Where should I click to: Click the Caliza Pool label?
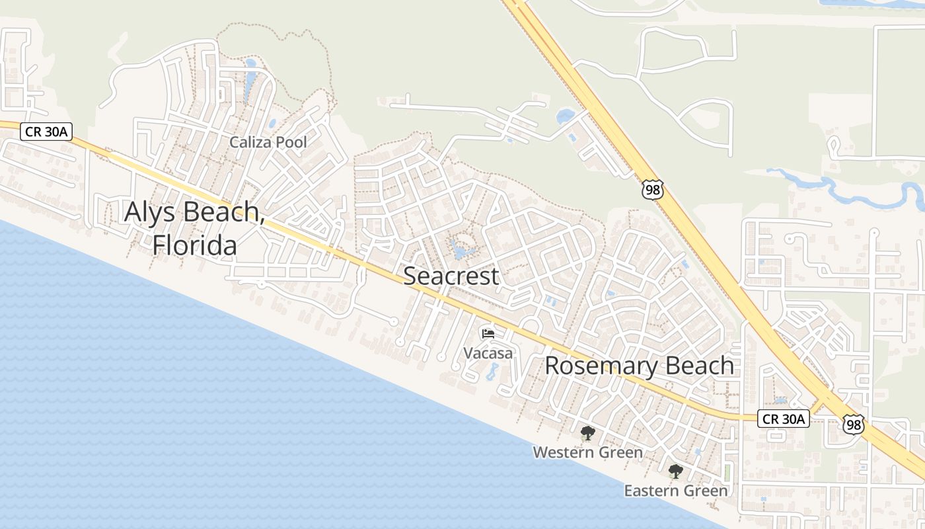268,142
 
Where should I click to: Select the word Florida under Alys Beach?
195,245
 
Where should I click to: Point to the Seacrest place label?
451,276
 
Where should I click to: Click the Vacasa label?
488,353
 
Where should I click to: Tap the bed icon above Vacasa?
488,334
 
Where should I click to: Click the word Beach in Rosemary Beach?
700,366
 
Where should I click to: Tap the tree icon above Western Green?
587,434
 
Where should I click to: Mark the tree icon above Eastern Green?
675,471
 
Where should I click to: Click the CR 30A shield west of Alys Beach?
46,132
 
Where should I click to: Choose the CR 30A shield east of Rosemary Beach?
784,419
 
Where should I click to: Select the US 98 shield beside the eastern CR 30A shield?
854,423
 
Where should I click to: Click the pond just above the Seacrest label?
460,252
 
